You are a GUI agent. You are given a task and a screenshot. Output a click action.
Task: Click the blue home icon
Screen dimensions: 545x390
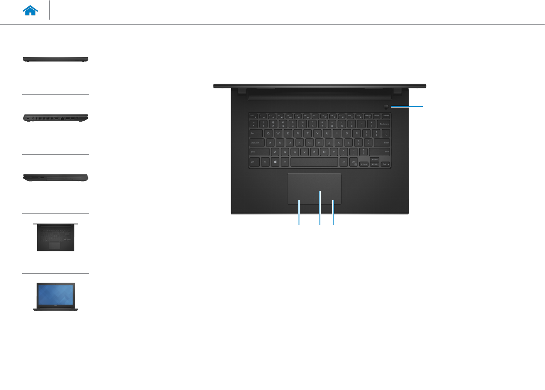click(31, 11)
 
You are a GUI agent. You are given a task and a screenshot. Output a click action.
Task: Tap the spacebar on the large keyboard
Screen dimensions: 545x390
click(314, 162)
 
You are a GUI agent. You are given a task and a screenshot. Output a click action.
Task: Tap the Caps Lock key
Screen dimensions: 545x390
click(257, 143)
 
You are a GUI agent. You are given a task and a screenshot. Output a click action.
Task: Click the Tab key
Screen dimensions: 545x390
click(254, 133)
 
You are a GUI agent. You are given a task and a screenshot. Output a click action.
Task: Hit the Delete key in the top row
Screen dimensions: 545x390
click(386, 115)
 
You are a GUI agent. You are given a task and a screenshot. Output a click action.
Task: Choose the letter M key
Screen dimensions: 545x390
click(334, 152)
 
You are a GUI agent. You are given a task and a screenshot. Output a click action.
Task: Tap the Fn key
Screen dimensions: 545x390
click(265, 162)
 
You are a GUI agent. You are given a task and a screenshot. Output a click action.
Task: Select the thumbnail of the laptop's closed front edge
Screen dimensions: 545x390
click(56, 59)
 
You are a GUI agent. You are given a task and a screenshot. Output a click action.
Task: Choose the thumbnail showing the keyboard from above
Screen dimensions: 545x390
click(55, 237)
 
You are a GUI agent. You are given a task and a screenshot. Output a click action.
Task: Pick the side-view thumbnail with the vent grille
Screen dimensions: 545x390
click(56, 118)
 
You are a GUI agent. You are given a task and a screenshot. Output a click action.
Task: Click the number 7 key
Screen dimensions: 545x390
click(322, 124)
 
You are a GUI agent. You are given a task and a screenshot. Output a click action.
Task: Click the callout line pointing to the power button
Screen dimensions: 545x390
click(408, 106)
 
